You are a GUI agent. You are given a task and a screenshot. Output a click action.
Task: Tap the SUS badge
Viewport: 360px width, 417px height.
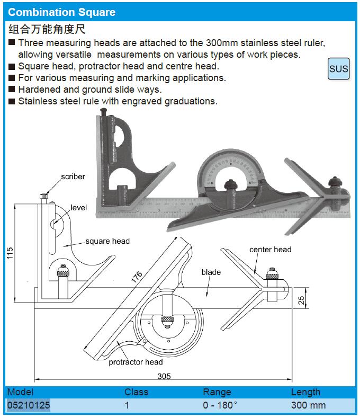click(339, 69)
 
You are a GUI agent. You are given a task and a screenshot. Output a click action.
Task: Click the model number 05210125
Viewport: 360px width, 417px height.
click(29, 406)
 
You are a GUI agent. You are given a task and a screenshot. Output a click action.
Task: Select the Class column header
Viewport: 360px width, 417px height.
click(136, 392)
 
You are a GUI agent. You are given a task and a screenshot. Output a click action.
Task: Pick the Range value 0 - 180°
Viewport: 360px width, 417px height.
click(220, 406)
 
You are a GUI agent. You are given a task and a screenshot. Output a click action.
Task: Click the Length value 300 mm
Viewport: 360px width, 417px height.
click(308, 406)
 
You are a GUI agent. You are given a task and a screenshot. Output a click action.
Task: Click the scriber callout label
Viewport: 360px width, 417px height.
click(73, 176)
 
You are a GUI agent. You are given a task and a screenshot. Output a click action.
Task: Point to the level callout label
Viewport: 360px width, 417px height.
click(79, 208)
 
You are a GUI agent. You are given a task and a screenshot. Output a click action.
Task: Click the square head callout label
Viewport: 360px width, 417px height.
click(107, 241)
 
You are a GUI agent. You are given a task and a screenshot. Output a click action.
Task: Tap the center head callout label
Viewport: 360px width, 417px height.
click(271, 250)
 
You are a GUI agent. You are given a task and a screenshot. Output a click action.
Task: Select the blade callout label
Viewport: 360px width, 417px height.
click(211, 272)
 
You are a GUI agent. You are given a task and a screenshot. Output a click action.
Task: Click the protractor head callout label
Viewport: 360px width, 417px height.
click(136, 362)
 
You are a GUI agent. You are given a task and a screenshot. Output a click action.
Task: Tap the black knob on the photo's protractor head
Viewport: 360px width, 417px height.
click(230, 185)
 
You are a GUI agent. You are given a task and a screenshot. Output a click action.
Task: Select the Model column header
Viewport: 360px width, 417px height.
click(21, 392)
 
